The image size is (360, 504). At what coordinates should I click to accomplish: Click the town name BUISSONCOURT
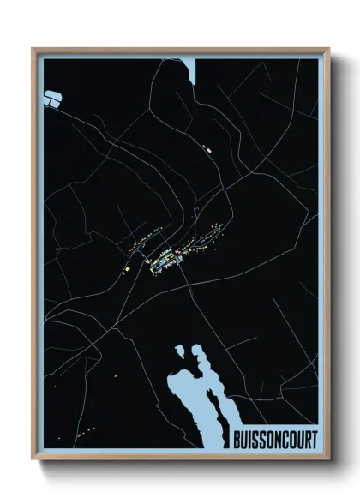(274, 440)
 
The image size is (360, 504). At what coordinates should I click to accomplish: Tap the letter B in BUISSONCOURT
(237, 440)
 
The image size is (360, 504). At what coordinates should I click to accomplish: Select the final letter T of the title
(314, 440)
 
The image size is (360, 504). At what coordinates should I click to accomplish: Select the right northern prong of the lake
(201, 353)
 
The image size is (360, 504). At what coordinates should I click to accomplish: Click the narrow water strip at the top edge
(191, 69)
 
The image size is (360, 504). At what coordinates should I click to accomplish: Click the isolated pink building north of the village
(206, 149)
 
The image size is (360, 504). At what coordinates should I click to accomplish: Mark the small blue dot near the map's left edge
(56, 249)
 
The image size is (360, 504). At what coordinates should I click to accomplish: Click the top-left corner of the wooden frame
(34, 49)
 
